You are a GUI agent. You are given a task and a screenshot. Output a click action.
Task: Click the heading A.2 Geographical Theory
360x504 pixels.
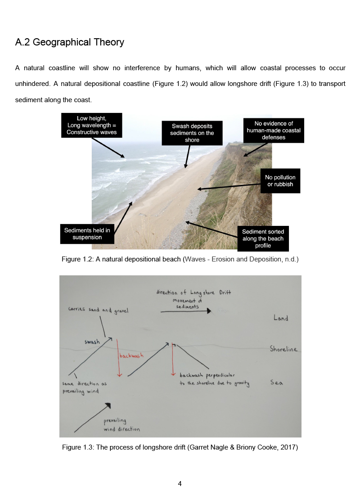pos(69,42)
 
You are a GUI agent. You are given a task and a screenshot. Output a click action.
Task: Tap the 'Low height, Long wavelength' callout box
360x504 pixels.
pos(92,126)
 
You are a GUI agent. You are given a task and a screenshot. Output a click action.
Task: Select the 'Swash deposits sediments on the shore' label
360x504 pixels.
pos(192,133)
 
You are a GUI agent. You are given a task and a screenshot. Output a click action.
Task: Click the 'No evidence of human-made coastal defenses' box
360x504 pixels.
pos(274,130)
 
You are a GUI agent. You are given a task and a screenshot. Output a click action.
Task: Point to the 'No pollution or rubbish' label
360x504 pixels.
pos(280,181)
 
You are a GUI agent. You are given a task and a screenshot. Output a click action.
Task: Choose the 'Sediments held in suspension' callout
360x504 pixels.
pos(87,234)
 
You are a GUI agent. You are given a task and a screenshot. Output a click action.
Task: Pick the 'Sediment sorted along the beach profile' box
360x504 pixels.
pos(263,238)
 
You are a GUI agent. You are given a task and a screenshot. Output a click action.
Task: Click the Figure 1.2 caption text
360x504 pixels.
pos(180,259)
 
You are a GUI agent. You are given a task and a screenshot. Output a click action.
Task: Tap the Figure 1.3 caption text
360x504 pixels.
pos(180,447)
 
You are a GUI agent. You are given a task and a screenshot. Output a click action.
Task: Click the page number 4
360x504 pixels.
pos(180,484)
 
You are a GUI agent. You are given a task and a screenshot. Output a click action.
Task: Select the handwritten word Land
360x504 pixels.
pos(281,318)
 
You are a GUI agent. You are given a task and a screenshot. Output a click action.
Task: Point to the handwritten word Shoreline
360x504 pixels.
pos(283,349)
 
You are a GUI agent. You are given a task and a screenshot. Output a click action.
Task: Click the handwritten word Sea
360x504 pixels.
pos(276,382)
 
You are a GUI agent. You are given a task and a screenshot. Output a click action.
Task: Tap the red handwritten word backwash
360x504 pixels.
pos(131,356)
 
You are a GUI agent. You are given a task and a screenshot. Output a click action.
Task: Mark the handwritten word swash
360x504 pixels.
pos(92,342)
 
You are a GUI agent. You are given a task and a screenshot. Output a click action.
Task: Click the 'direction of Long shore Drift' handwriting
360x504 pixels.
pos(193,292)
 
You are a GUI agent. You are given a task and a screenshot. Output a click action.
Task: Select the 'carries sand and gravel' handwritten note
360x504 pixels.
pos(99,310)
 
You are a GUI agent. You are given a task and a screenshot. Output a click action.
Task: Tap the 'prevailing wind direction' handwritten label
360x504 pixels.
pos(121,425)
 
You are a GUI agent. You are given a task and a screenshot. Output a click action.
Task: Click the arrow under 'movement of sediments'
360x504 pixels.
pos(186,311)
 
